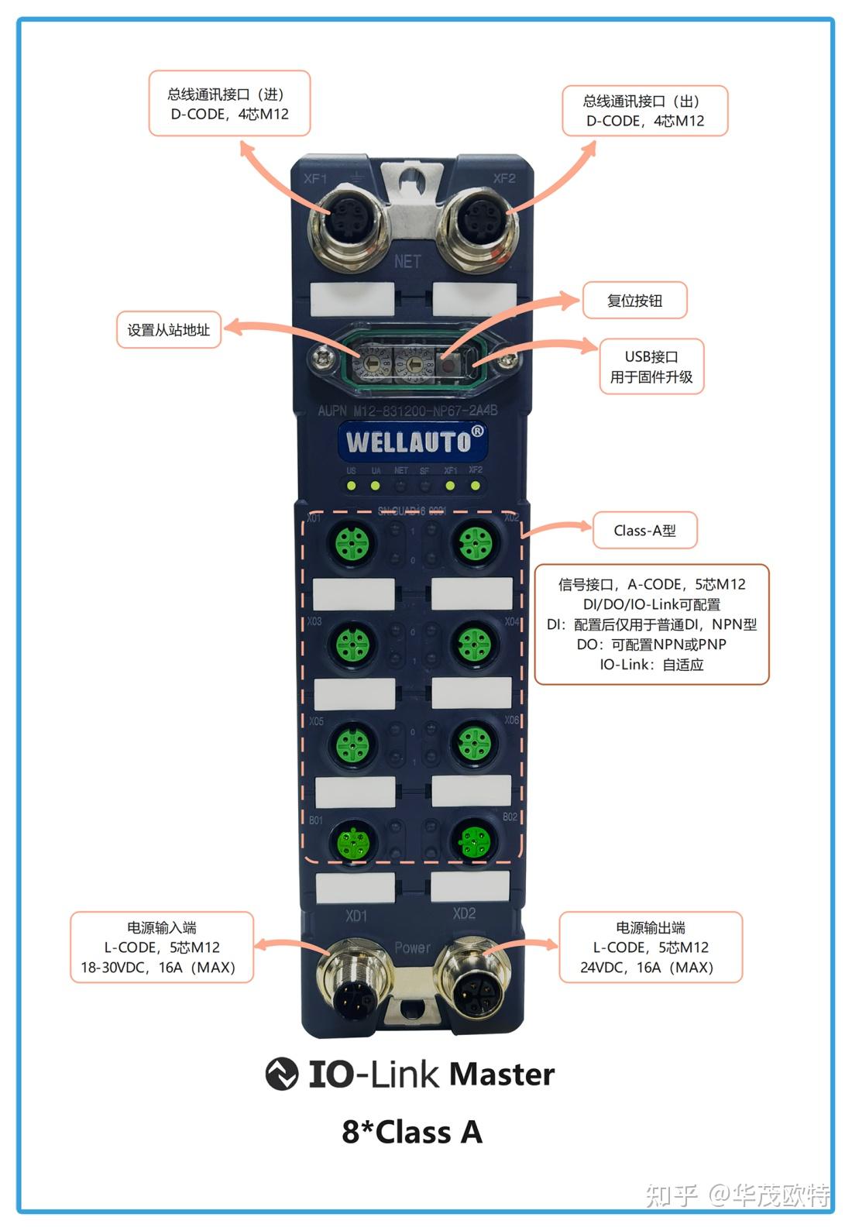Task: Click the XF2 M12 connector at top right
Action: tap(475, 225)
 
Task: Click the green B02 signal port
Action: tap(473, 839)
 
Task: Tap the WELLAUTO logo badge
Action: tap(414, 441)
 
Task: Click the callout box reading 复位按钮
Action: tap(635, 301)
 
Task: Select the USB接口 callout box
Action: tap(651, 366)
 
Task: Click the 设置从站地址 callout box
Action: tap(168, 330)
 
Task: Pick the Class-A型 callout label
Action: tap(644, 531)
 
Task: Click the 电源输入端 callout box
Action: tap(162, 947)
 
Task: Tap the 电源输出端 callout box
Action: tap(651, 947)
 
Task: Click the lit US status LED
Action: tap(352, 487)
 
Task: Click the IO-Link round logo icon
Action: tap(282, 1074)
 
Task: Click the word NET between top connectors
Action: tap(407, 262)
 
